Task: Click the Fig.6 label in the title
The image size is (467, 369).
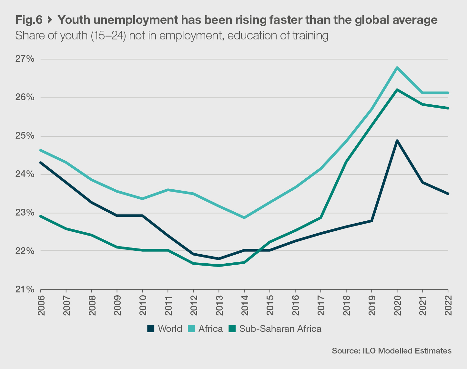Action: [x=29, y=20]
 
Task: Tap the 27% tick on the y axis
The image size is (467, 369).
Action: [x=25, y=59]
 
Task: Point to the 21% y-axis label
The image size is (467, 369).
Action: [x=25, y=289]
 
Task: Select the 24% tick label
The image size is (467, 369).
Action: [x=25, y=174]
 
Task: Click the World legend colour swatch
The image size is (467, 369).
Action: [x=151, y=329]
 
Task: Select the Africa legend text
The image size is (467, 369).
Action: [x=210, y=329]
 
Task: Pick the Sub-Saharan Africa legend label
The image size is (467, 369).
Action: [x=280, y=329]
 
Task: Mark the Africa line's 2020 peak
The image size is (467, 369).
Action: [x=397, y=68]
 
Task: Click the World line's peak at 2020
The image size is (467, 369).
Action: [x=397, y=141]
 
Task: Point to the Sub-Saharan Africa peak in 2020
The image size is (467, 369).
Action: [x=397, y=90]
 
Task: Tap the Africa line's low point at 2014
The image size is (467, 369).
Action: [x=244, y=217]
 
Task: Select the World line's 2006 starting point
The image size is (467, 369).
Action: [x=41, y=163]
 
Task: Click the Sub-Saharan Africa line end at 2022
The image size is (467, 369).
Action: [x=448, y=108]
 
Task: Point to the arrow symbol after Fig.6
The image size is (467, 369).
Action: [x=50, y=20]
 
